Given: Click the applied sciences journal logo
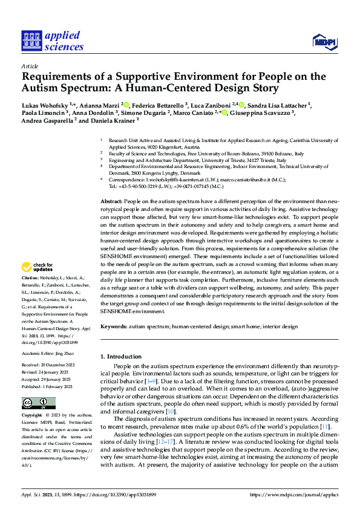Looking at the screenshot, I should coord(52,41).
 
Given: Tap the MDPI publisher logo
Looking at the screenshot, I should coord(324,41).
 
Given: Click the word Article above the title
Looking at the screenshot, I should coord(29,66).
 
